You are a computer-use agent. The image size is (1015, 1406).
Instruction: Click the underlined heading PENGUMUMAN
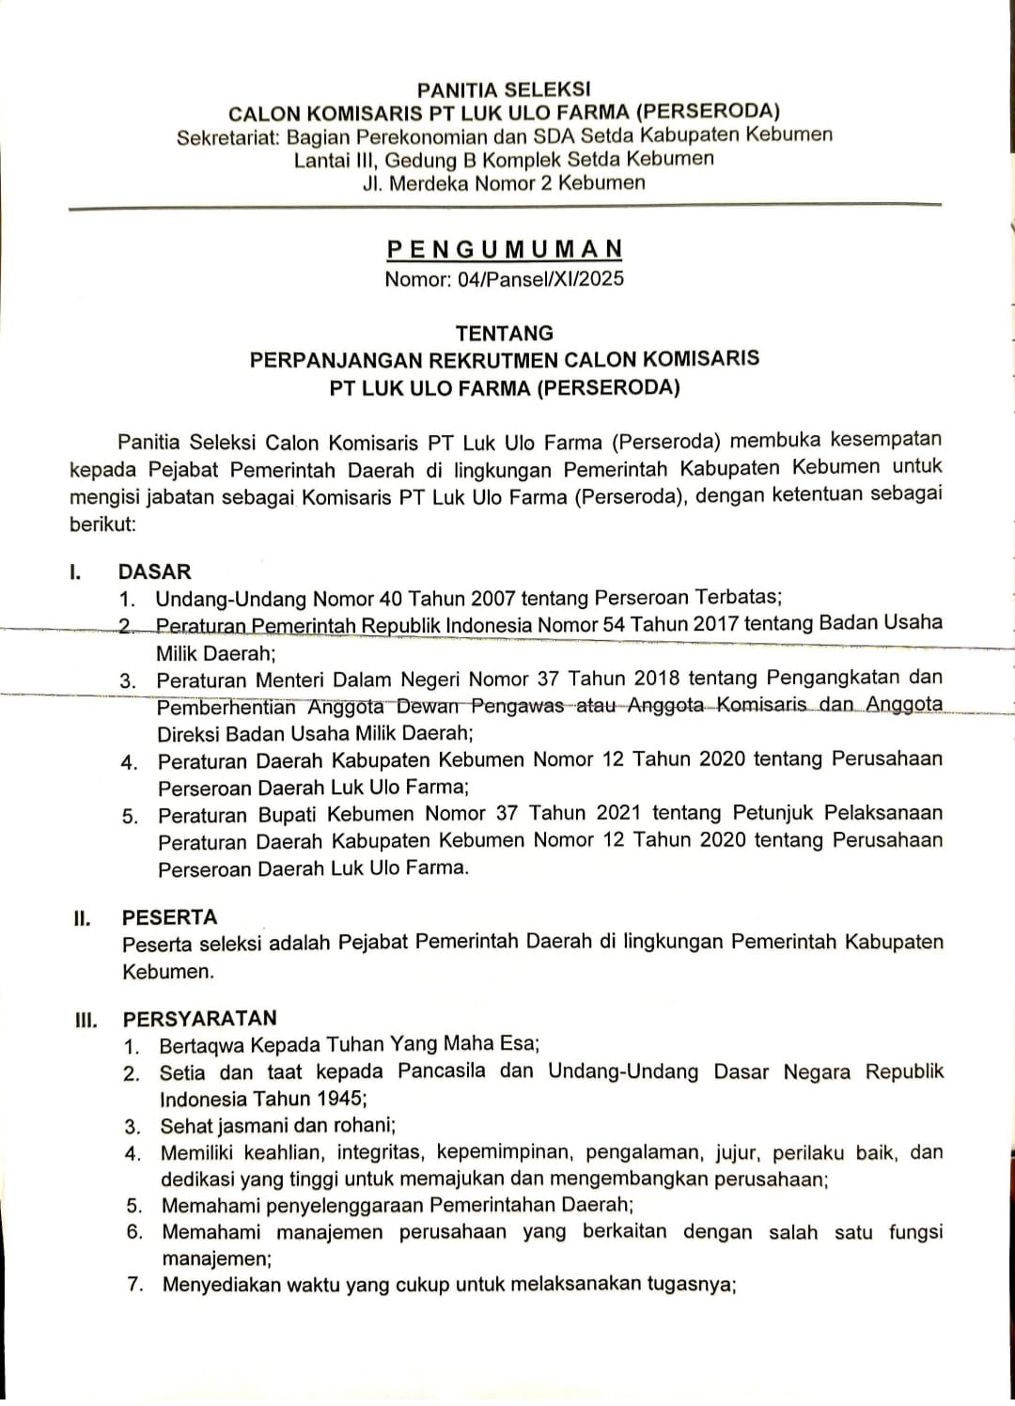click(505, 249)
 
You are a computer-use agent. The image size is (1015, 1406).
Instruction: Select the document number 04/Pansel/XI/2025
click(540, 279)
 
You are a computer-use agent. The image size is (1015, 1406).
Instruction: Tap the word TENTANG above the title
click(505, 333)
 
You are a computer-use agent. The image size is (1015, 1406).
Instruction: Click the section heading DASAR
click(154, 571)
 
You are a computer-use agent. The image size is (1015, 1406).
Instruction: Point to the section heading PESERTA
click(169, 917)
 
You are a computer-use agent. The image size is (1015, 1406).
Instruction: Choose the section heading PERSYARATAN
click(199, 1018)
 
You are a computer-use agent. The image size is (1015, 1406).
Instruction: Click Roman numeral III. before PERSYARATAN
click(86, 1019)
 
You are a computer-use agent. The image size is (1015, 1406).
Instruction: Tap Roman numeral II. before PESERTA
click(83, 918)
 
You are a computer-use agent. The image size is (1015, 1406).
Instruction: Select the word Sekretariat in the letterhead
click(228, 136)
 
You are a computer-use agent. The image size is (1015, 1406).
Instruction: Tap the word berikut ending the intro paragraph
click(102, 523)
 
